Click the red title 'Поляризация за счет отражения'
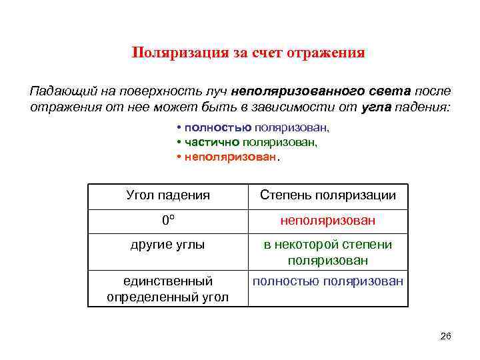click(x=248, y=53)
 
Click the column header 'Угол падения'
click(x=168, y=195)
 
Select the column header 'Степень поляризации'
click(x=328, y=195)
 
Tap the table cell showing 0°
click(x=168, y=220)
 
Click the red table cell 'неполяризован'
click(x=328, y=220)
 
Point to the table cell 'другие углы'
click(x=168, y=245)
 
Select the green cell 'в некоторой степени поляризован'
click(x=328, y=253)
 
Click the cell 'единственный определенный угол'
click(x=168, y=289)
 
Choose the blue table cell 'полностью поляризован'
click(x=328, y=281)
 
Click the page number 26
click(x=446, y=336)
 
